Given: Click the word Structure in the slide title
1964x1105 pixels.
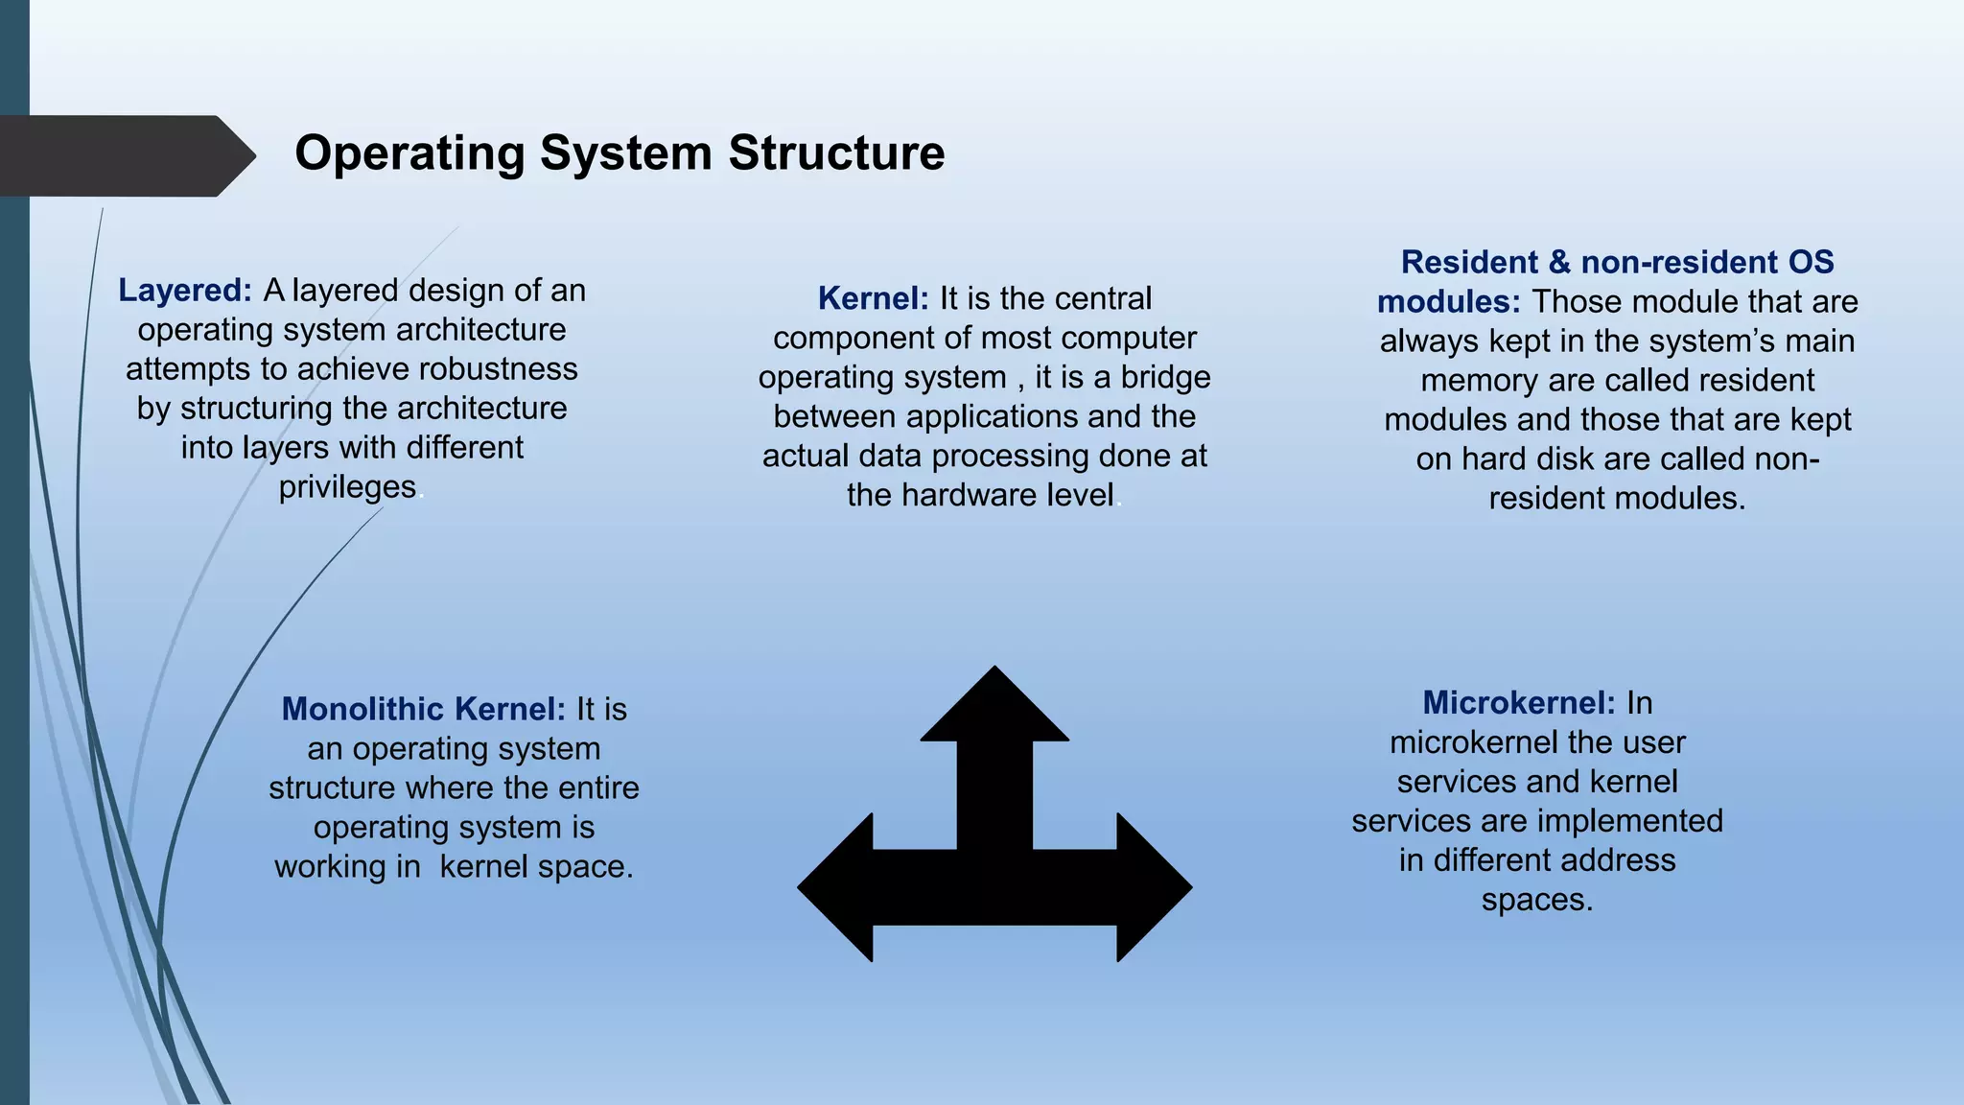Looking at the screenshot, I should coord(836,153).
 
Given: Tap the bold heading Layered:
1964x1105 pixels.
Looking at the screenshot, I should coord(185,291).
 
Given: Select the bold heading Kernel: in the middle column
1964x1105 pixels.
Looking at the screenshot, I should coord(873,299).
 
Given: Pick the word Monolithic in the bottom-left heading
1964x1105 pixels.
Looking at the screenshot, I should coord(363,710).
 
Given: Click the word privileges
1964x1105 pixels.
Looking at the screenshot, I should coord(347,487).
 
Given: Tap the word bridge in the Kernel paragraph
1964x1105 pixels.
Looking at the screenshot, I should coord(1165,378).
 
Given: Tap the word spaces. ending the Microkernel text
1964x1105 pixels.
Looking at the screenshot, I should coord(1536,900).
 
